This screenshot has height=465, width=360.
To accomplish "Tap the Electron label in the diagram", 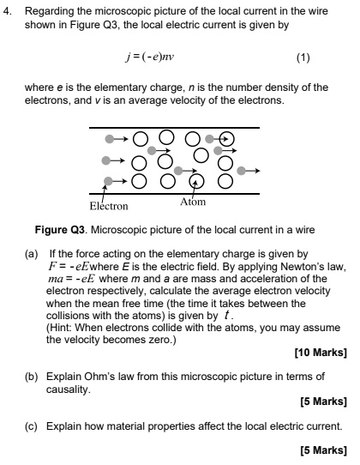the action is [x=108, y=206].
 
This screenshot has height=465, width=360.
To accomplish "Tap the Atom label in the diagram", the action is [x=193, y=202].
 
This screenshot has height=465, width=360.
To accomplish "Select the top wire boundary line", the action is [x=172, y=129].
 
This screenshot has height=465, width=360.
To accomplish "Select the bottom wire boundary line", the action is [x=172, y=193].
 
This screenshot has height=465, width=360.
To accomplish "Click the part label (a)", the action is [x=31, y=255].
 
